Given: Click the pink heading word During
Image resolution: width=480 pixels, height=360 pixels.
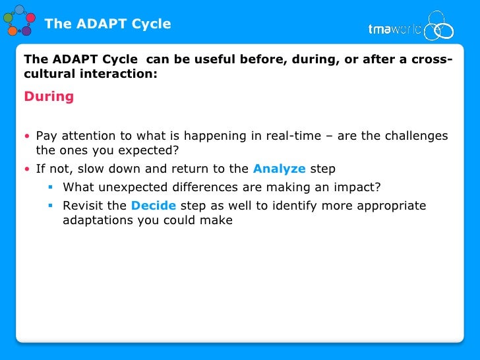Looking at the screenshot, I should (49, 97).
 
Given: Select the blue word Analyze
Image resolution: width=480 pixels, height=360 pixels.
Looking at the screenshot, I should (279, 169).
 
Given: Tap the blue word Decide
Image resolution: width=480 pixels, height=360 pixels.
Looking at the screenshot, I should (153, 206).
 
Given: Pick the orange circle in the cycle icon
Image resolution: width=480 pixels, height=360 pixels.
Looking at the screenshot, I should (12, 30).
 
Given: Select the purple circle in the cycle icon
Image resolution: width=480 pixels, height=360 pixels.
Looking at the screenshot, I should (26, 31).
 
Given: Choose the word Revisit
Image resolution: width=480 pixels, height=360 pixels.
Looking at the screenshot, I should (84, 206).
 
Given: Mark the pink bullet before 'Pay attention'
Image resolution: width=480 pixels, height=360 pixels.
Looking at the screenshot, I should (27, 137).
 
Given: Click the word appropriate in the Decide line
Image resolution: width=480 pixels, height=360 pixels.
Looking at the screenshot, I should (391, 206).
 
